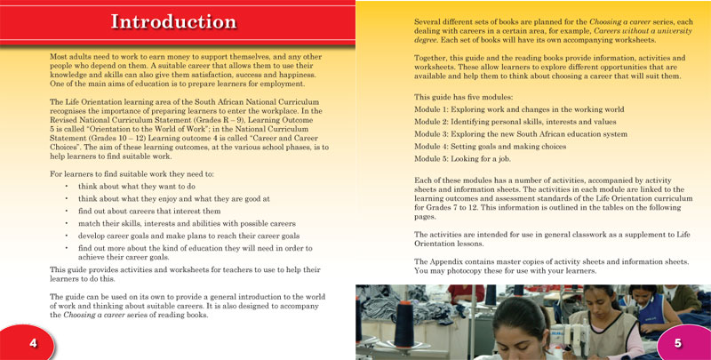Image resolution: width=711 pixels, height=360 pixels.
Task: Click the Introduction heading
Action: click(x=173, y=22)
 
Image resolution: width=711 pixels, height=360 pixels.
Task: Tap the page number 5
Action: click(x=677, y=344)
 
